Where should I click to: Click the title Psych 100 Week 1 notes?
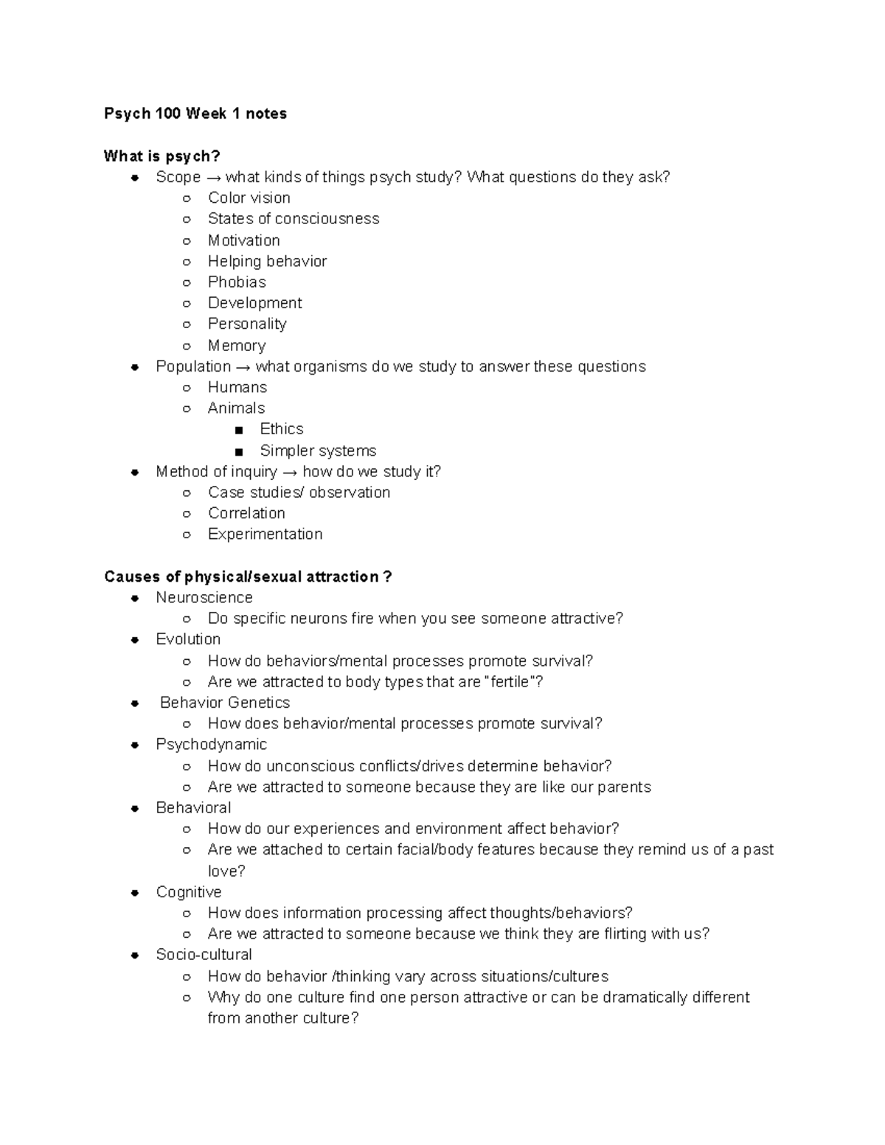click(x=195, y=114)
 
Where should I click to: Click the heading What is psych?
click(x=162, y=156)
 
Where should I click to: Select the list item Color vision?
click(x=249, y=198)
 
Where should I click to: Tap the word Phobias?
click(x=237, y=282)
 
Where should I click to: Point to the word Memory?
click(x=236, y=346)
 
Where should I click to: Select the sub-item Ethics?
click(x=281, y=429)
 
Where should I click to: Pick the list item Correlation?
click(x=246, y=513)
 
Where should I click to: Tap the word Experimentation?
click(x=265, y=535)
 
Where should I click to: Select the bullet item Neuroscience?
click(x=204, y=598)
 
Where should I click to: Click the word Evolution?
click(x=188, y=639)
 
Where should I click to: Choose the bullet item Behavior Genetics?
click(x=225, y=703)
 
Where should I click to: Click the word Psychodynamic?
click(x=211, y=745)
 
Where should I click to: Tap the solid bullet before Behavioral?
click(x=135, y=809)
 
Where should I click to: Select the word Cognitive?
click(x=188, y=892)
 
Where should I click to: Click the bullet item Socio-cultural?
click(x=204, y=955)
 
